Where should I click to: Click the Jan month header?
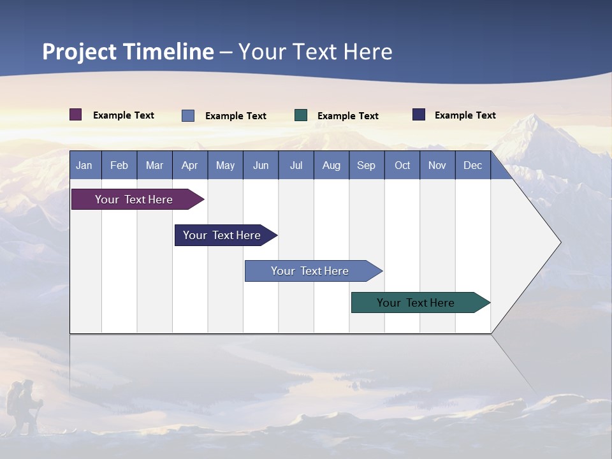pos(84,166)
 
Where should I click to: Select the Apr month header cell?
pos(190,166)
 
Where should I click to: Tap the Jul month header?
pos(296,166)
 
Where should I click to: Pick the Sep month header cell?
pos(366,166)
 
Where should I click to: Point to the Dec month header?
pos(472,166)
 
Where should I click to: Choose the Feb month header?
pos(119,166)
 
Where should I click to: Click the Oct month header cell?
pos(402,166)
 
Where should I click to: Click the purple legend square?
pos(76,115)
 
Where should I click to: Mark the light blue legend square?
pos(188,115)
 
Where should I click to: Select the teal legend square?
pos(301,115)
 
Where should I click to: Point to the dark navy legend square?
pos(419,115)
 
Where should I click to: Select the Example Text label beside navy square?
pos(465,115)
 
